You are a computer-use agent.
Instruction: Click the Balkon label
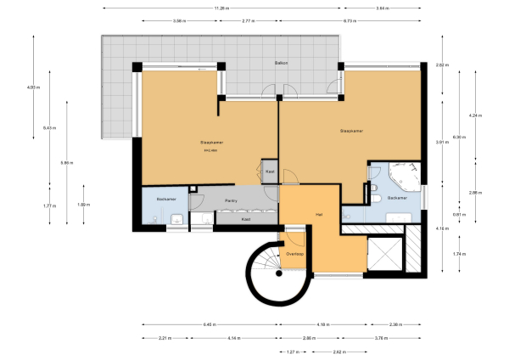(279, 64)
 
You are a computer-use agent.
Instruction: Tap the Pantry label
(230, 200)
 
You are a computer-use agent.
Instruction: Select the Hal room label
(319, 214)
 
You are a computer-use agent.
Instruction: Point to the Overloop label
(295, 253)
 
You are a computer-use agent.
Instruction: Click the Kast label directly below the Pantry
(246, 219)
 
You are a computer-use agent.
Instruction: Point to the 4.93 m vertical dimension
(33, 87)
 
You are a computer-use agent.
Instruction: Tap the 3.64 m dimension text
(383, 8)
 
